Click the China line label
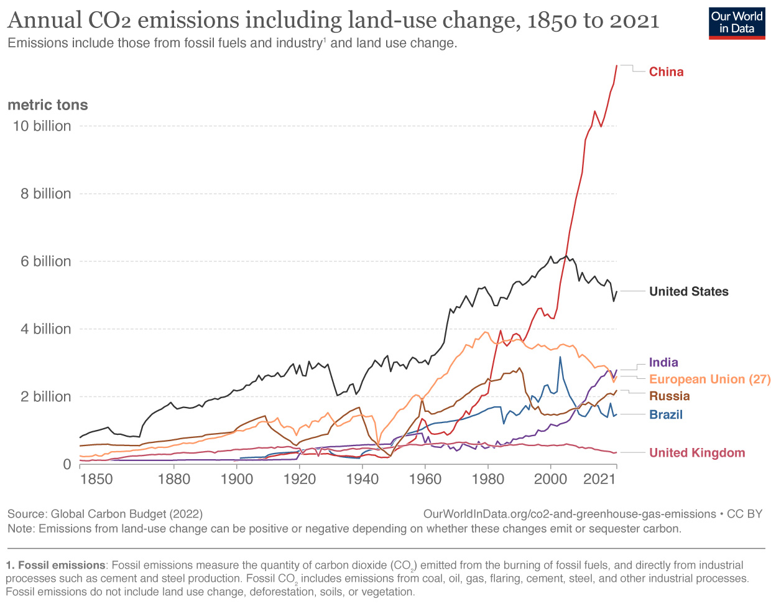pyautogui.click(x=666, y=72)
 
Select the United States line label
pyautogui.click(x=688, y=291)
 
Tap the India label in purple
pyautogui.click(x=663, y=362)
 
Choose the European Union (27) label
pyautogui.click(x=709, y=379)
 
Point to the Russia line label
pyautogui.click(x=669, y=396)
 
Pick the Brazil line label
pyautogui.click(x=665, y=414)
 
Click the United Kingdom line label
pyautogui.click(x=696, y=452)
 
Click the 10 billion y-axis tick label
pyautogui.click(x=42, y=126)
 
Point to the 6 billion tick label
pyautogui.click(x=45, y=261)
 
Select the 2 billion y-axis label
pyautogui.click(x=45, y=397)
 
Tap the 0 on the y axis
pyautogui.click(x=67, y=464)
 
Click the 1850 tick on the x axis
pyautogui.click(x=96, y=479)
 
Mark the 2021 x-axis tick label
pyautogui.click(x=599, y=479)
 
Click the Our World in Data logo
pyautogui.click(x=737, y=23)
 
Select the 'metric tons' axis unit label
pyautogui.click(x=48, y=105)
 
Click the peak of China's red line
pyautogui.click(x=616, y=65)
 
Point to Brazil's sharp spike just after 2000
pyautogui.click(x=560, y=357)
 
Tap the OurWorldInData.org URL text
pyautogui.click(x=569, y=514)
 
